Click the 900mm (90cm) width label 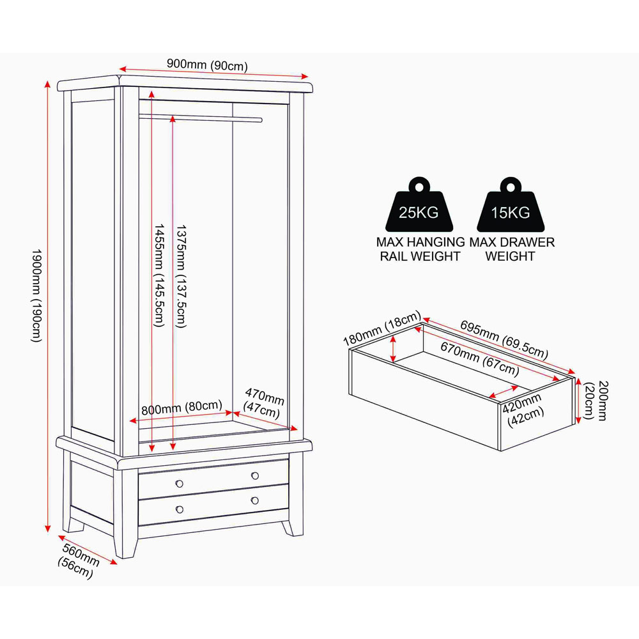coord(207,65)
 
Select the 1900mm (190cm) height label coord(36,295)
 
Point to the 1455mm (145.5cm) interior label coord(158,275)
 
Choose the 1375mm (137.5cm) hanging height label coord(181,275)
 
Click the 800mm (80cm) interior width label coord(181,408)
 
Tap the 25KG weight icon coord(419,204)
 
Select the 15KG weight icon coord(510,204)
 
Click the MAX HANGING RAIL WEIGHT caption coord(420,249)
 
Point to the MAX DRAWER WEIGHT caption coord(512,249)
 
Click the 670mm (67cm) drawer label coord(480,359)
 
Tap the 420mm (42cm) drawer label coord(523,410)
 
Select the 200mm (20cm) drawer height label coord(596,400)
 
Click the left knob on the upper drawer coord(180,484)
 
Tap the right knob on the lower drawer coord(255,500)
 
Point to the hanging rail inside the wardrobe coord(201,118)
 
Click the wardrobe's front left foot coord(125,544)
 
